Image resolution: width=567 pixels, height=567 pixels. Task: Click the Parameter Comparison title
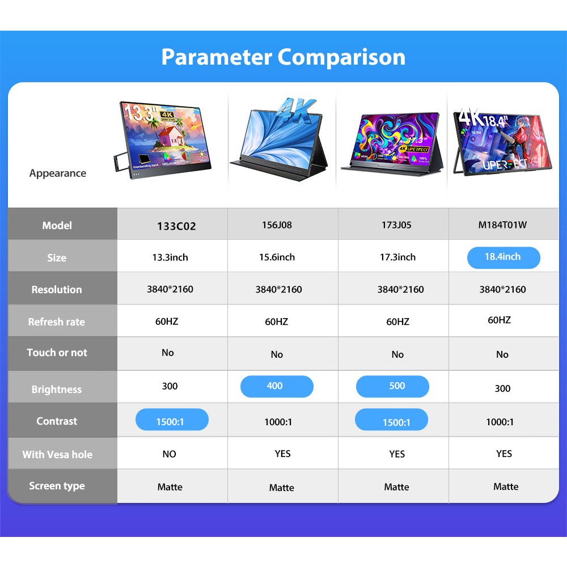point(283,57)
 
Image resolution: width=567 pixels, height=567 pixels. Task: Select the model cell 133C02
point(176,226)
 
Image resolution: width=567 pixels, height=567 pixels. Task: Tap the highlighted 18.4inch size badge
point(503,257)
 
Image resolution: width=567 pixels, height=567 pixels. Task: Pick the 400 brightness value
point(276,386)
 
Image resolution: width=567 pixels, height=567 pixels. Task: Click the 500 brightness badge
point(392,386)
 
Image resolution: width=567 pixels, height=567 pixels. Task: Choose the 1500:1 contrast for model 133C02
point(172,420)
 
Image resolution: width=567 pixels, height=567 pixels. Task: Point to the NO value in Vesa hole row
point(169,454)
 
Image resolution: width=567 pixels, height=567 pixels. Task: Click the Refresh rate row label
point(57,322)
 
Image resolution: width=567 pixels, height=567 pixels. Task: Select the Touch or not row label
point(57,353)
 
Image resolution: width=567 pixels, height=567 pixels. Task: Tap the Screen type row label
point(57,486)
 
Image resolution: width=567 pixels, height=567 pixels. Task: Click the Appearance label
point(58,174)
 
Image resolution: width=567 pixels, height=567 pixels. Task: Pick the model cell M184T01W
point(502,225)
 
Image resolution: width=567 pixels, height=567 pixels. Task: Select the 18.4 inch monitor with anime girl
point(502,142)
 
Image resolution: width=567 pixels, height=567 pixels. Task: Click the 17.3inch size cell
point(397,257)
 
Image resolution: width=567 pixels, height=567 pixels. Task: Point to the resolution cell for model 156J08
point(278,290)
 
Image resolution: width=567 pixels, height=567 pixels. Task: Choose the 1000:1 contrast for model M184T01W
point(500,422)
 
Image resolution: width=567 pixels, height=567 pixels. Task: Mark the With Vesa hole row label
point(57,454)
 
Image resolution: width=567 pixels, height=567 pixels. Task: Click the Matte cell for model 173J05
point(396,487)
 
